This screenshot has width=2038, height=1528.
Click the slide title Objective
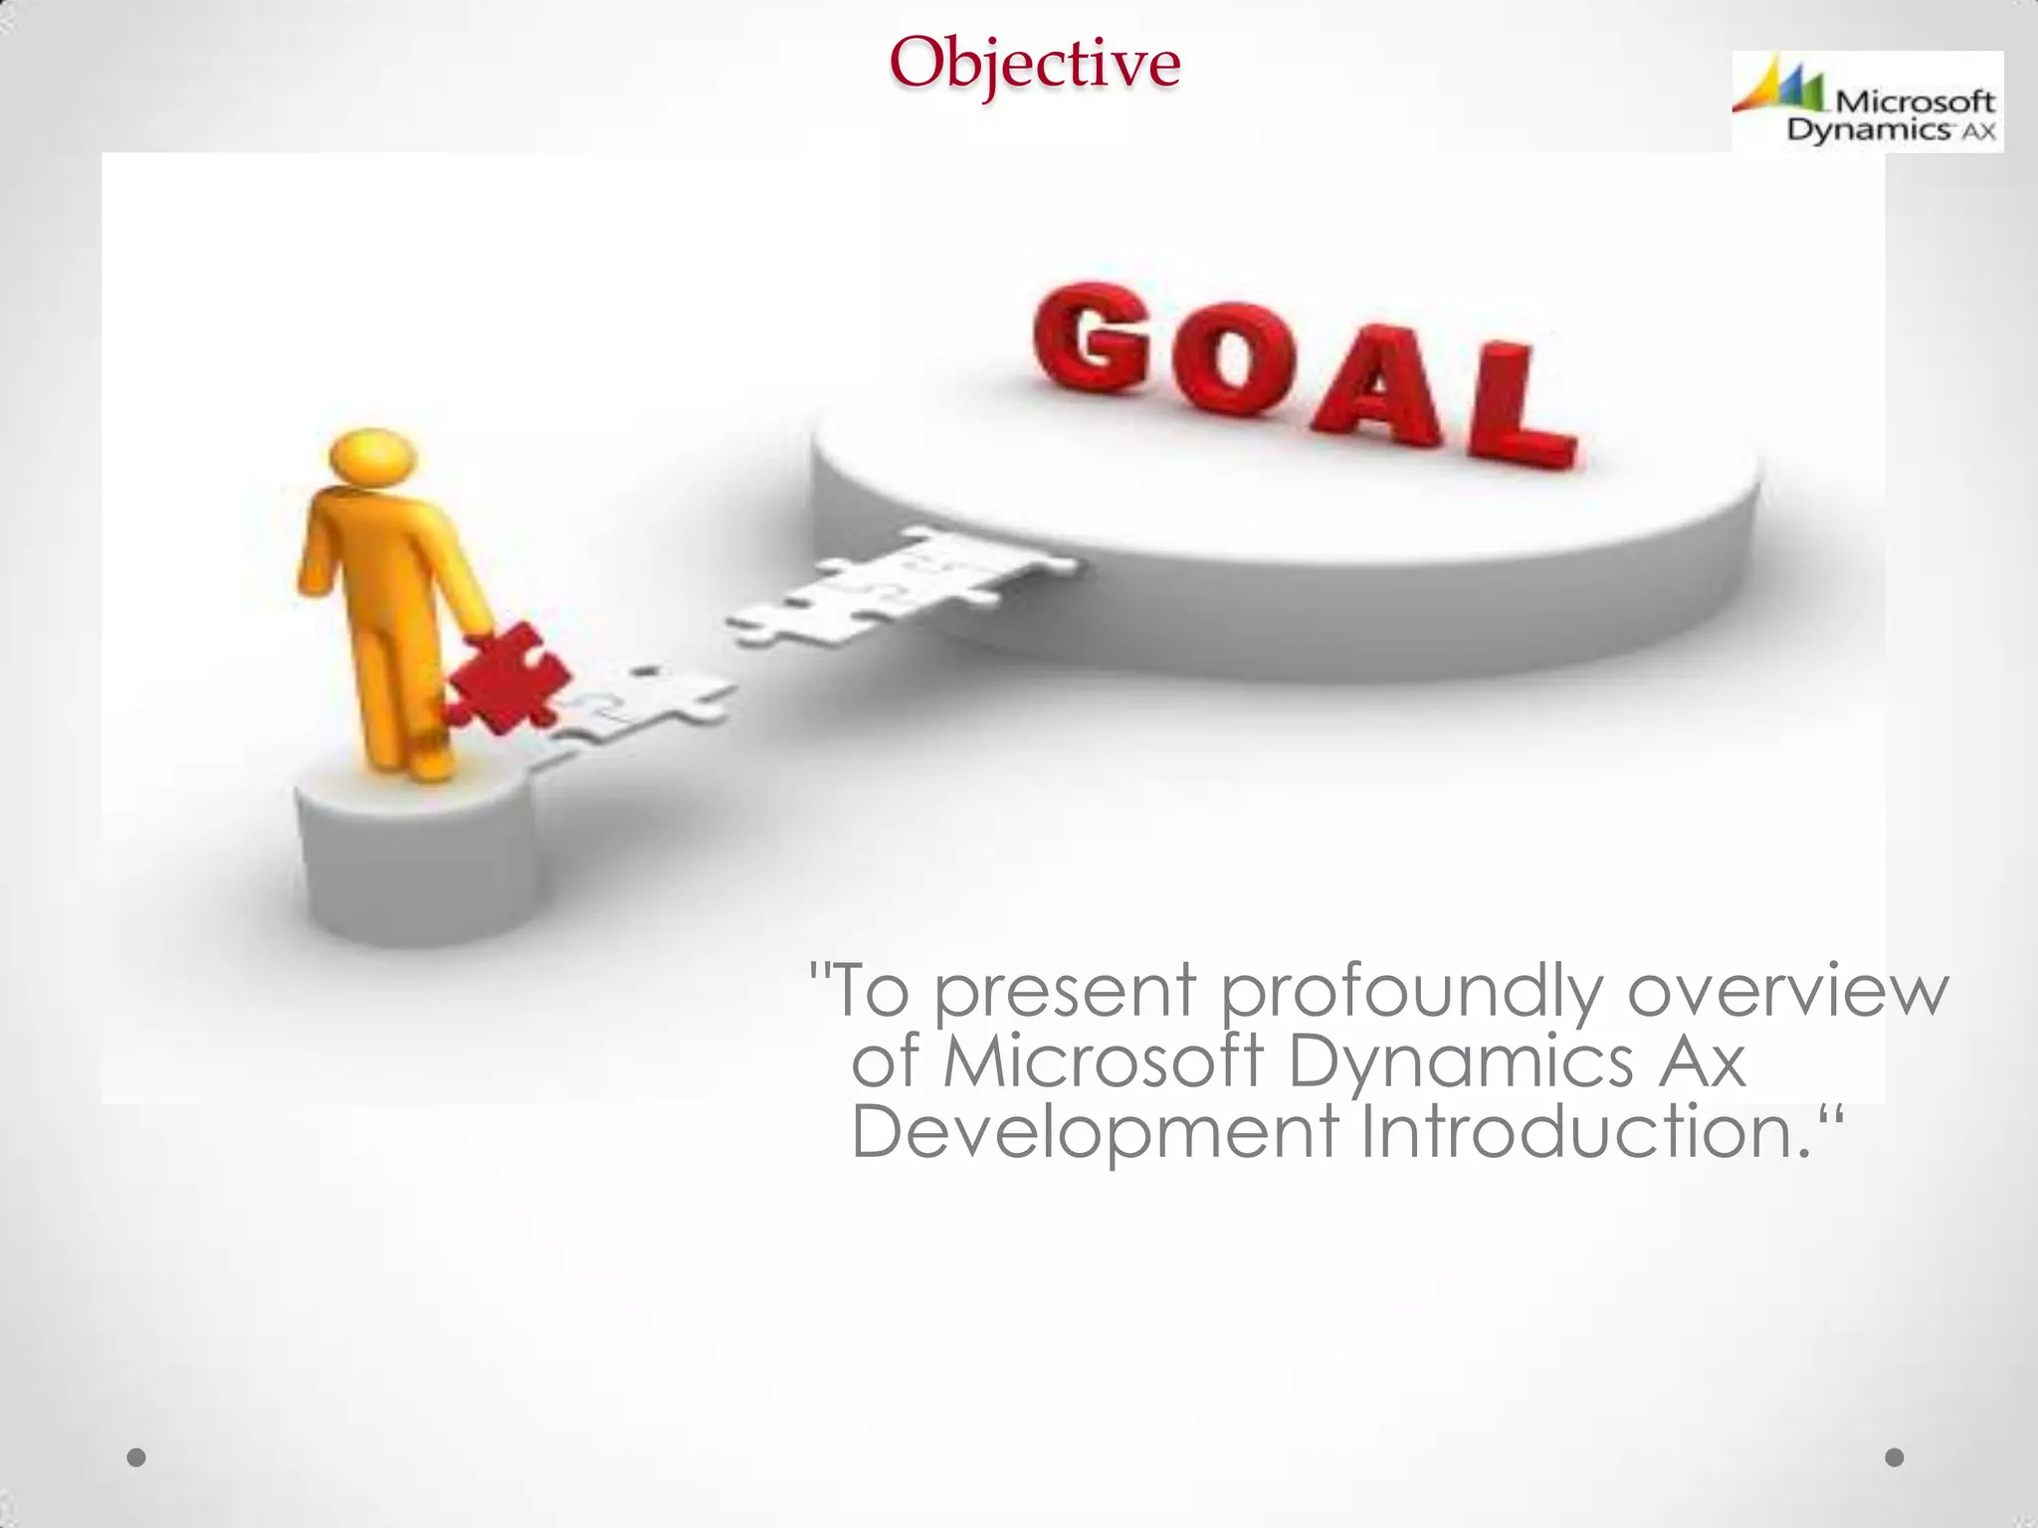click(x=1035, y=62)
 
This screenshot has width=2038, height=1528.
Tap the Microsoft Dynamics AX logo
click(x=1867, y=101)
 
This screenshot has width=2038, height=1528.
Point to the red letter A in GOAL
click(x=1378, y=388)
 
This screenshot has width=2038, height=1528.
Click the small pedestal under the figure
click(x=418, y=856)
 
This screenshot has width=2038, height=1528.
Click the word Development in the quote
click(x=1095, y=1134)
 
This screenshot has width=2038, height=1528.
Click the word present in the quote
click(x=1065, y=993)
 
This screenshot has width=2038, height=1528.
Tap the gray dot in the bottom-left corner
click(x=137, y=1457)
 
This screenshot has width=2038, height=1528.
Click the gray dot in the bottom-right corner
click(x=1895, y=1457)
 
